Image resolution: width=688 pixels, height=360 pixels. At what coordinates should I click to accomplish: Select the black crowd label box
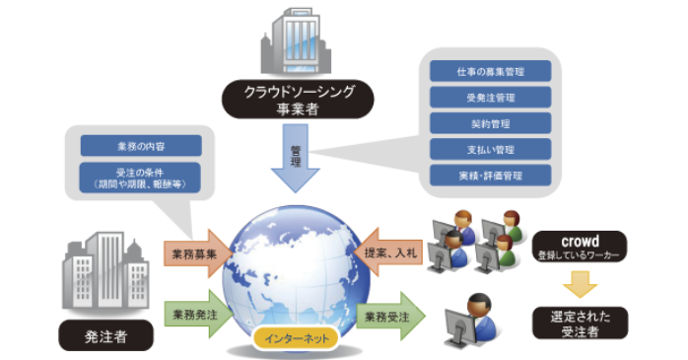pyautogui.click(x=578, y=245)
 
